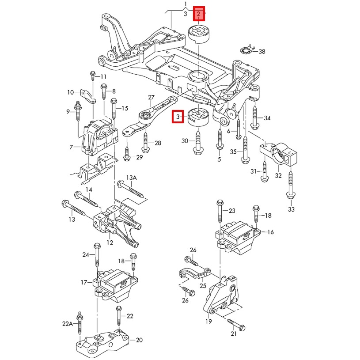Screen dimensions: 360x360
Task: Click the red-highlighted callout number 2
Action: [199, 15]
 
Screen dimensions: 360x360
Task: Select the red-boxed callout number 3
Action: [178, 117]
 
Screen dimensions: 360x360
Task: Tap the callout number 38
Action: [262, 52]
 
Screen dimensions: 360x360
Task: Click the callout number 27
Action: [151, 97]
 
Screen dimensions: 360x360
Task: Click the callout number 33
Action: [291, 209]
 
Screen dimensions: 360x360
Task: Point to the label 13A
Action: [132, 178]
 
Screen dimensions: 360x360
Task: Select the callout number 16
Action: [270, 232]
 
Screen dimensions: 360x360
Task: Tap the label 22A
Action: [67, 323]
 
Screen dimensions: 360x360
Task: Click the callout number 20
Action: [140, 340]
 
